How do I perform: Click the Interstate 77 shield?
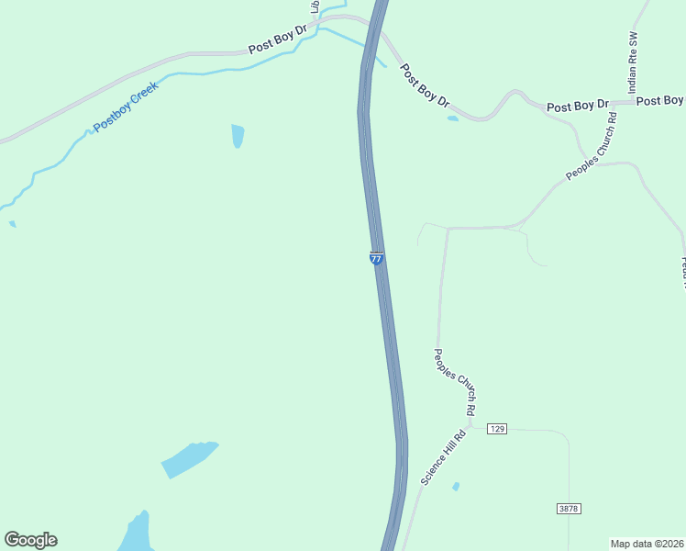click(x=376, y=259)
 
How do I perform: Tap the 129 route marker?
click(x=497, y=429)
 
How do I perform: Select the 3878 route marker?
click(x=569, y=508)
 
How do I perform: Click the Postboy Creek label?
click(x=126, y=106)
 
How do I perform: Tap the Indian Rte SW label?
click(x=632, y=65)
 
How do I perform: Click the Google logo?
click(x=30, y=540)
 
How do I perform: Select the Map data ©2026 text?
click(x=647, y=543)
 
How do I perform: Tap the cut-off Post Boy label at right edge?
click(x=660, y=101)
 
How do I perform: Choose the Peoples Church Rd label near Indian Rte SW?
click(x=591, y=146)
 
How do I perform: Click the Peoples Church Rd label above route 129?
click(x=455, y=384)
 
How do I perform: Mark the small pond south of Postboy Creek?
click(x=238, y=135)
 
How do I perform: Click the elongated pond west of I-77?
click(x=189, y=458)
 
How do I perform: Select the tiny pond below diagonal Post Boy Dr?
click(x=452, y=118)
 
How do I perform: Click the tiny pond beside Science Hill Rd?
click(x=456, y=486)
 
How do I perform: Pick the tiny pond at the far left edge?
click(x=12, y=223)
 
